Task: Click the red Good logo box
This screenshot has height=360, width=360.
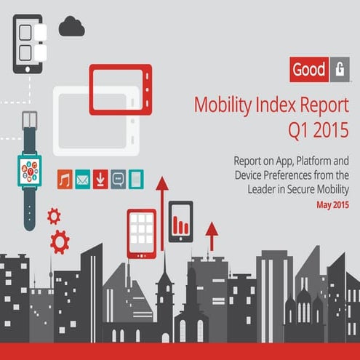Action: pos(308,71)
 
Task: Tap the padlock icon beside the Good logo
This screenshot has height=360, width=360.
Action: pos(341,71)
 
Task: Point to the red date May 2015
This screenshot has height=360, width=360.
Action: pos(332,205)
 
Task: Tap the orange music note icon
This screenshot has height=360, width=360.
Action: pos(65,179)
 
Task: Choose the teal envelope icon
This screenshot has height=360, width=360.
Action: pos(82,179)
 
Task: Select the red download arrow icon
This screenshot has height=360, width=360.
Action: pos(100,179)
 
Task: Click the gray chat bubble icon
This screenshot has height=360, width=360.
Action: pos(118,179)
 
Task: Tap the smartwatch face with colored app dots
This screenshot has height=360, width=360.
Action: pos(30,172)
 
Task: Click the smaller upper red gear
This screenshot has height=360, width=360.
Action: pos(53,215)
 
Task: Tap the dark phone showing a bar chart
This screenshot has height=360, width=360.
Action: pos(181,220)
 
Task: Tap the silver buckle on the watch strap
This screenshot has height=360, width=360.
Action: pos(30,119)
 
